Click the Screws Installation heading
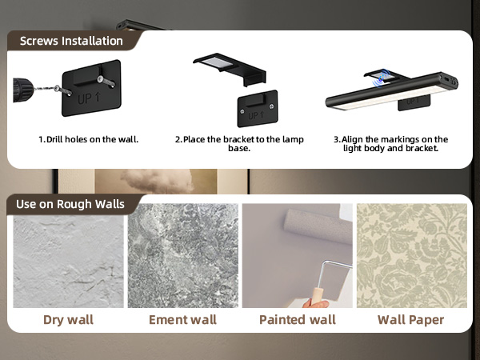point(71,41)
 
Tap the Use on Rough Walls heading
point(70,204)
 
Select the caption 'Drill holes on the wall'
point(89,139)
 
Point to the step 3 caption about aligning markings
point(390,144)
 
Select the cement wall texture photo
point(182,256)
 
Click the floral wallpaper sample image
point(411,256)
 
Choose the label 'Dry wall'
point(68,320)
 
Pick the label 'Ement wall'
point(182,320)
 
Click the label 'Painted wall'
point(297,320)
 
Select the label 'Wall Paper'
point(411,320)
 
